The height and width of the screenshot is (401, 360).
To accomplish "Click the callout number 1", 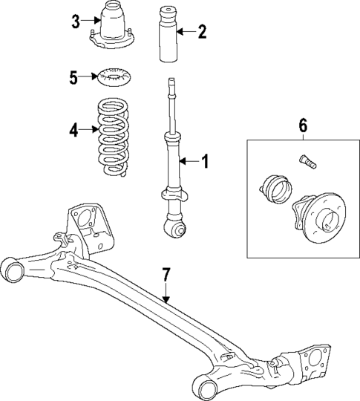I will point(206,160).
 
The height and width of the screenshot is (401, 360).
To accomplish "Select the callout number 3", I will point(75,21).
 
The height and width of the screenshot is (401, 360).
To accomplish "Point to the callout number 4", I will point(73,130).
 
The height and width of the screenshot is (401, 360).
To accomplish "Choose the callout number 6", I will point(302,125).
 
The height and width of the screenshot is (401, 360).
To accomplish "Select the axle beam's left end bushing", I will point(13,269).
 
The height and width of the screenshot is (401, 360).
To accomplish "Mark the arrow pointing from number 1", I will point(190,160).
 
